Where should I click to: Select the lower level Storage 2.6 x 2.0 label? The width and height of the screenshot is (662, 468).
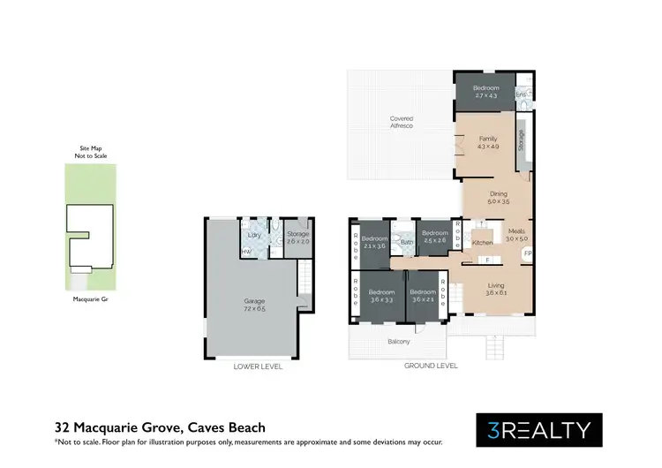[297, 238]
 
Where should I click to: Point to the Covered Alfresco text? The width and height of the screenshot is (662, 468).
[402, 122]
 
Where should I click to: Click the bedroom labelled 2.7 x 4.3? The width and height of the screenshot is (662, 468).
[485, 92]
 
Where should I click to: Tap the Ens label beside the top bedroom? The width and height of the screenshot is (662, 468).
[521, 94]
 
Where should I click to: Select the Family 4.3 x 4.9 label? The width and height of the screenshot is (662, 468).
[488, 142]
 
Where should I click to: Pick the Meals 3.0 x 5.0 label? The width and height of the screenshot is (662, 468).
[515, 235]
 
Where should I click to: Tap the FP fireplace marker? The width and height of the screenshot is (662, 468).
[528, 253]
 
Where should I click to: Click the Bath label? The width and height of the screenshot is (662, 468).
[407, 241]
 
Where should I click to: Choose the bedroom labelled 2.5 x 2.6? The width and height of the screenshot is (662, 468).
[435, 237]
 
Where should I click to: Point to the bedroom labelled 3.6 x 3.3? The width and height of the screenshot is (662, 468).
[380, 296]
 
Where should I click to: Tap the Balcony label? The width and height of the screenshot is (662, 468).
[399, 342]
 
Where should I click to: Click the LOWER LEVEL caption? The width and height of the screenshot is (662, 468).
[258, 366]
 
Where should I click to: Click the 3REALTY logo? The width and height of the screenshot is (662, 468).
[538, 430]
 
